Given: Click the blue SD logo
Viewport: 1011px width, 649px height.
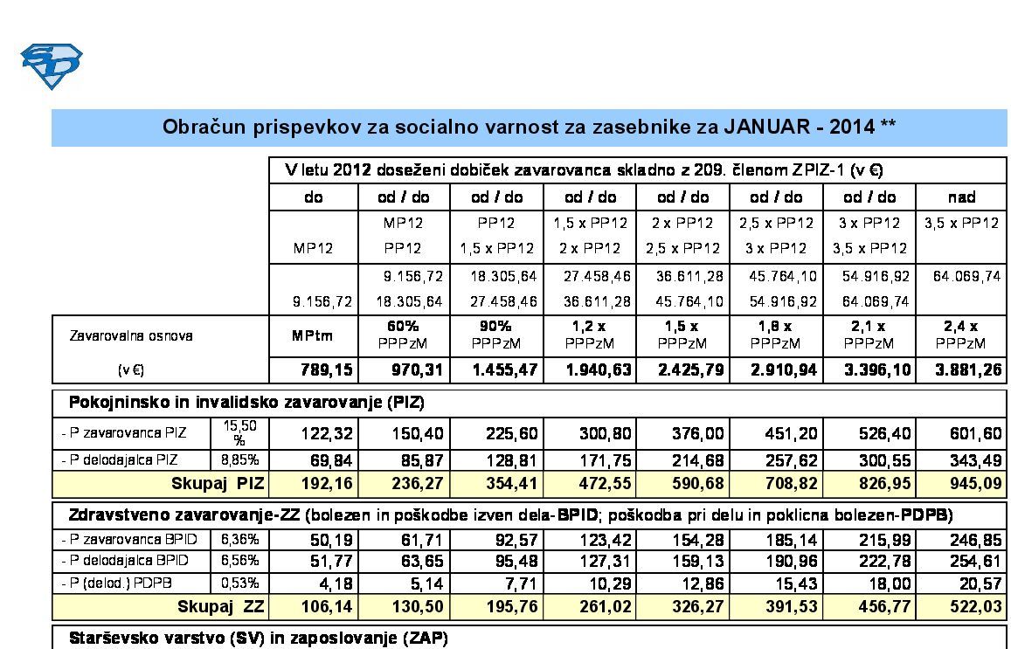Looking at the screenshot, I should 51,66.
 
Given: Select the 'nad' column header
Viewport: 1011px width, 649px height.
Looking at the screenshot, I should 960,197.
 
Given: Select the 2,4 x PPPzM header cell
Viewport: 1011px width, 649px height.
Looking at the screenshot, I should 960,335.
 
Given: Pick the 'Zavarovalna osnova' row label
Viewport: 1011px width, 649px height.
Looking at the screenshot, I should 132,335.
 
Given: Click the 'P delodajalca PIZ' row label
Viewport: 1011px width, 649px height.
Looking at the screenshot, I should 123,459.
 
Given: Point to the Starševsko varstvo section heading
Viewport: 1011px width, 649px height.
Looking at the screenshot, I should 258,639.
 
